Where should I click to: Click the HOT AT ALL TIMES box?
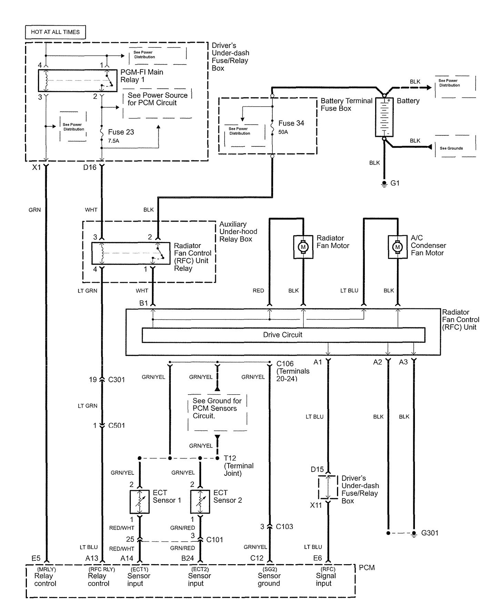pyautogui.click(x=55, y=32)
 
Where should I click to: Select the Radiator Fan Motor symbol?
pyautogui.click(x=303, y=247)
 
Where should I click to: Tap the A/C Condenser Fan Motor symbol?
pyautogui.click(x=398, y=247)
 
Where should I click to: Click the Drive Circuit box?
pyautogui.click(x=283, y=335)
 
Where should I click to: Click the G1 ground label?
pyautogui.click(x=395, y=183)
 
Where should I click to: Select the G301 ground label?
pyautogui.click(x=430, y=533)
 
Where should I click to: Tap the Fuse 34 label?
pyautogui.click(x=291, y=123)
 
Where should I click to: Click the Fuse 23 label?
pyautogui.click(x=121, y=132)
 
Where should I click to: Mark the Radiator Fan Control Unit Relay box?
pyautogui.click(x=130, y=253)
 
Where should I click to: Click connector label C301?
pyautogui.click(x=116, y=380)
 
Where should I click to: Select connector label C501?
pyautogui.click(x=116, y=425)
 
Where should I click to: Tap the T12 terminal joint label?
pyautogui.click(x=230, y=458)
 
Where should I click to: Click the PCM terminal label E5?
pyautogui.click(x=36, y=558)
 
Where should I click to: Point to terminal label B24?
pyautogui.click(x=187, y=558)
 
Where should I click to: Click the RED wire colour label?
pyautogui.click(x=258, y=291)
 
